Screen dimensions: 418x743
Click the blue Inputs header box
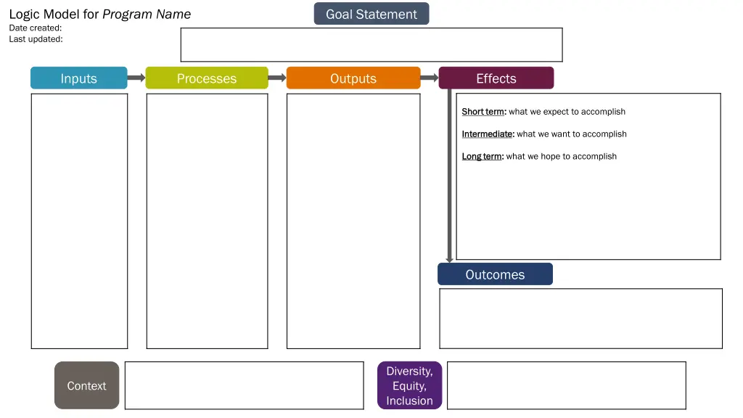pos(78,78)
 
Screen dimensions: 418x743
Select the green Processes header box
pos(207,78)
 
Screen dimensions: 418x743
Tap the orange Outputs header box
pos(353,78)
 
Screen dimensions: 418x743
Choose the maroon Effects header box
pos(496,78)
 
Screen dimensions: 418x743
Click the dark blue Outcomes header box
pos(495,274)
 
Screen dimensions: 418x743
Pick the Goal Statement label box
pos(371,14)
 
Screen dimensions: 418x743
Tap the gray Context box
pos(86,385)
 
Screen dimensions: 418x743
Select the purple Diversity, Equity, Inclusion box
pos(409,385)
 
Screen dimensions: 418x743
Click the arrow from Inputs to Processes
pos(136,78)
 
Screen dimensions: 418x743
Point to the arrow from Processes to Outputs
pos(277,78)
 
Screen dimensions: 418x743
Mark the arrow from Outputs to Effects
pos(430,78)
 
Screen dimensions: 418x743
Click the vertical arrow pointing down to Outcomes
pos(449,174)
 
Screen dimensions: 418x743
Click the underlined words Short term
pos(483,112)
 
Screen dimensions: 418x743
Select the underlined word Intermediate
pos(488,134)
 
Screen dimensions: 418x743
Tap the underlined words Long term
pos(483,157)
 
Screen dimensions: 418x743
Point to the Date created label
pos(36,28)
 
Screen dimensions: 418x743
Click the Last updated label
pos(36,39)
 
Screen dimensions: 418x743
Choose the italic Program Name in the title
pos(147,14)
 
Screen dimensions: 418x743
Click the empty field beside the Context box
pos(244,385)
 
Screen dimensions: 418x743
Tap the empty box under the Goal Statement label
pos(371,45)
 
